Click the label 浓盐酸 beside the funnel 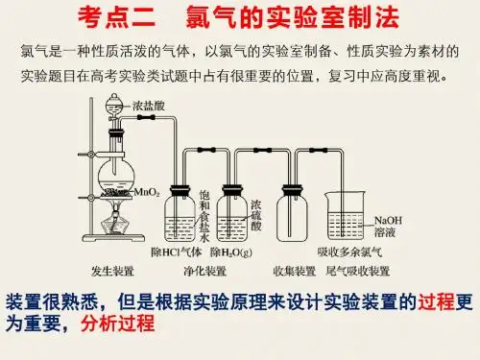(149, 106)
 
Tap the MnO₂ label (147, 192)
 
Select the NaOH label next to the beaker (388, 221)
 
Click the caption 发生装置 (112, 271)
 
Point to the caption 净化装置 (205, 271)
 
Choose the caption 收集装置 (295, 271)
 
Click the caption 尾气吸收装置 (358, 271)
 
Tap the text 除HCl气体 (177, 252)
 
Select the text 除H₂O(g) (231, 252)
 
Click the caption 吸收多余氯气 (349, 252)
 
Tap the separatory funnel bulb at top (114, 104)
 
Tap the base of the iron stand (113, 238)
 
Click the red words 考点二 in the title (117, 17)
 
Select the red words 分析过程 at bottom (118, 324)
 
